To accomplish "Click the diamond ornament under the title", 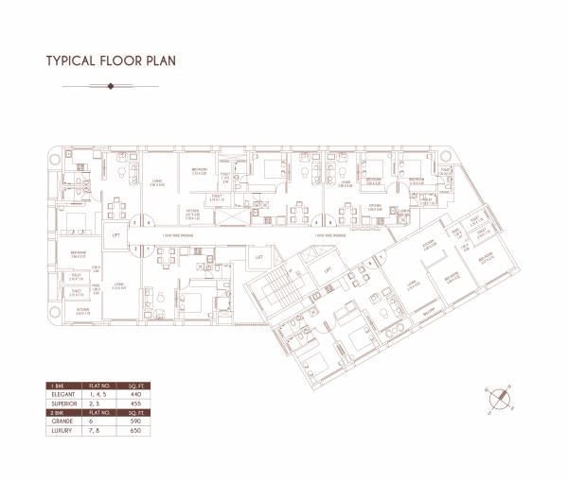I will coord(112,86).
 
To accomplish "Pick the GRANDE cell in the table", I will coord(60,422).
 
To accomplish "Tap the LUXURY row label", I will coord(60,432).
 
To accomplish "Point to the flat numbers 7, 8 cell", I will coord(96,432).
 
